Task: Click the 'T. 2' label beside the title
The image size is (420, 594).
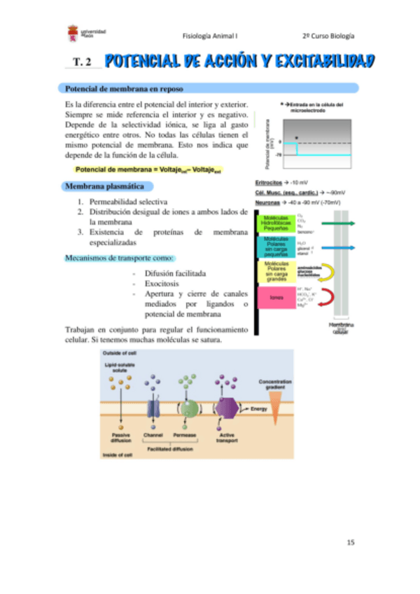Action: click(x=82, y=63)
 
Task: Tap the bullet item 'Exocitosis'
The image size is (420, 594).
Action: click(x=162, y=284)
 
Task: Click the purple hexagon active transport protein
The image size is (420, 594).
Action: click(x=225, y=407)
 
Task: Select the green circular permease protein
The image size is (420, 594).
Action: click(x=189, y=407)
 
